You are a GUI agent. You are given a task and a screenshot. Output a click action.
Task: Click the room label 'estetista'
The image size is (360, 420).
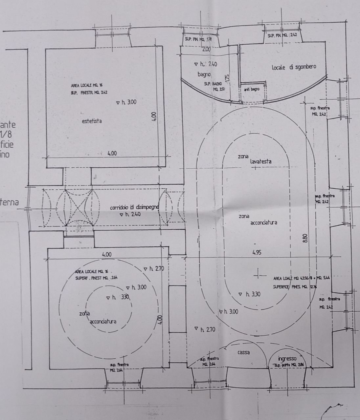point(92,121)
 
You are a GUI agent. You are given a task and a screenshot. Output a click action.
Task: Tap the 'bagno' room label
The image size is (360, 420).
point(204,74)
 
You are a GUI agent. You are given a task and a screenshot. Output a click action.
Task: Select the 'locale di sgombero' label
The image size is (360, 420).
point(294,67)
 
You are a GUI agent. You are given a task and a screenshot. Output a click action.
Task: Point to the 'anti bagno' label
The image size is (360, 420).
point(252,89)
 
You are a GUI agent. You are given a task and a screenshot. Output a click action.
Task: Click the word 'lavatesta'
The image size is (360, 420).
point(260,161)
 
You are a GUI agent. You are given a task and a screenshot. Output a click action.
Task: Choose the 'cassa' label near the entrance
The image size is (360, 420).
point(243,352)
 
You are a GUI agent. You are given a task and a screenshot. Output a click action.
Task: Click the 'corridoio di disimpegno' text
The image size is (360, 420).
point(134,208)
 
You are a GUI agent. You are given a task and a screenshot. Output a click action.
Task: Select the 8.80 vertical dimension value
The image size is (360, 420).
point(306,238)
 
